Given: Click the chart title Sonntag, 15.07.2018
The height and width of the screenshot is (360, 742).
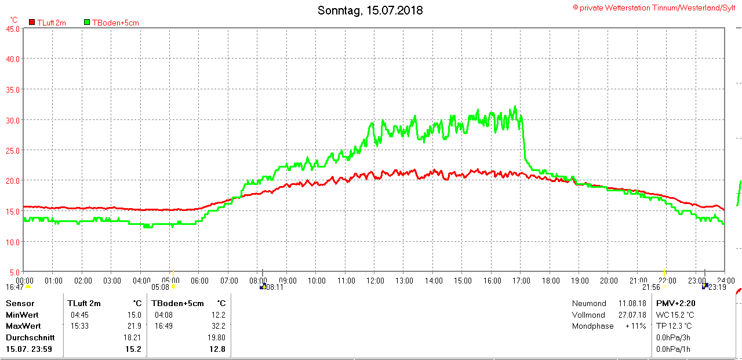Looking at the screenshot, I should (x=370, y=10).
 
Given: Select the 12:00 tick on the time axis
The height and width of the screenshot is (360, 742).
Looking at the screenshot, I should (x=375, y=281).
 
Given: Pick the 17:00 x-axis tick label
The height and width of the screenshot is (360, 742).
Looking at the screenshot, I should (x=521, y=281).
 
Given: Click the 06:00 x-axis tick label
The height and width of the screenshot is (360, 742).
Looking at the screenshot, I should (x=199, y=281).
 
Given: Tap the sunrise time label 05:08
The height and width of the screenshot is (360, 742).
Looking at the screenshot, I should (x=161, y=287).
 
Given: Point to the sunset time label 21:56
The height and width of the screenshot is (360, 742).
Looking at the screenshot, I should (x=652, y=287).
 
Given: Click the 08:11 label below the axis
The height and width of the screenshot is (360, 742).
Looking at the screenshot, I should (x=275, y=287).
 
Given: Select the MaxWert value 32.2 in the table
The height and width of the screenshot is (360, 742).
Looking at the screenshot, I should (x=219, y=326).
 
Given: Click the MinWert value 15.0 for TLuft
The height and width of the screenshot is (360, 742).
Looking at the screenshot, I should (x=134, y=315).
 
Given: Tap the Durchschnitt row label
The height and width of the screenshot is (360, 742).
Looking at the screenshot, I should (x=30, y=337).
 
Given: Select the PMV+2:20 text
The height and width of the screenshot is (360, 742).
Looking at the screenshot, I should (x=675, y=303).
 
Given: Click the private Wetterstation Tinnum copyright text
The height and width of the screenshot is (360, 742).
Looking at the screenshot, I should (x=654, y=8).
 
